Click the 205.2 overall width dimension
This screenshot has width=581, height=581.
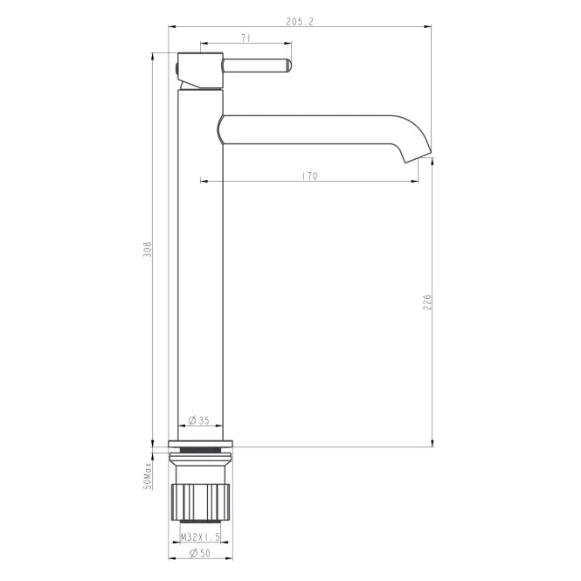[300, 22]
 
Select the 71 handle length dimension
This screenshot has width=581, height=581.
[246, 38]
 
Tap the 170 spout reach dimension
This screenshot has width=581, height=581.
[309, 176]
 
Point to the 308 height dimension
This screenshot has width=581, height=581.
[148, 249]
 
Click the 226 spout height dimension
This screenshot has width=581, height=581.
[427, 302]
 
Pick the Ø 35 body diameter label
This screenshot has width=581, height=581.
[199, 420]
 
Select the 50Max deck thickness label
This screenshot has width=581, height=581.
[148, 476]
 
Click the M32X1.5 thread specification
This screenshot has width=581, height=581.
[200, 536]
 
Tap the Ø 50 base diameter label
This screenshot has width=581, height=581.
[200, 553]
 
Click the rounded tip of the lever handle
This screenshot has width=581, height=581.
[289, 66]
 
